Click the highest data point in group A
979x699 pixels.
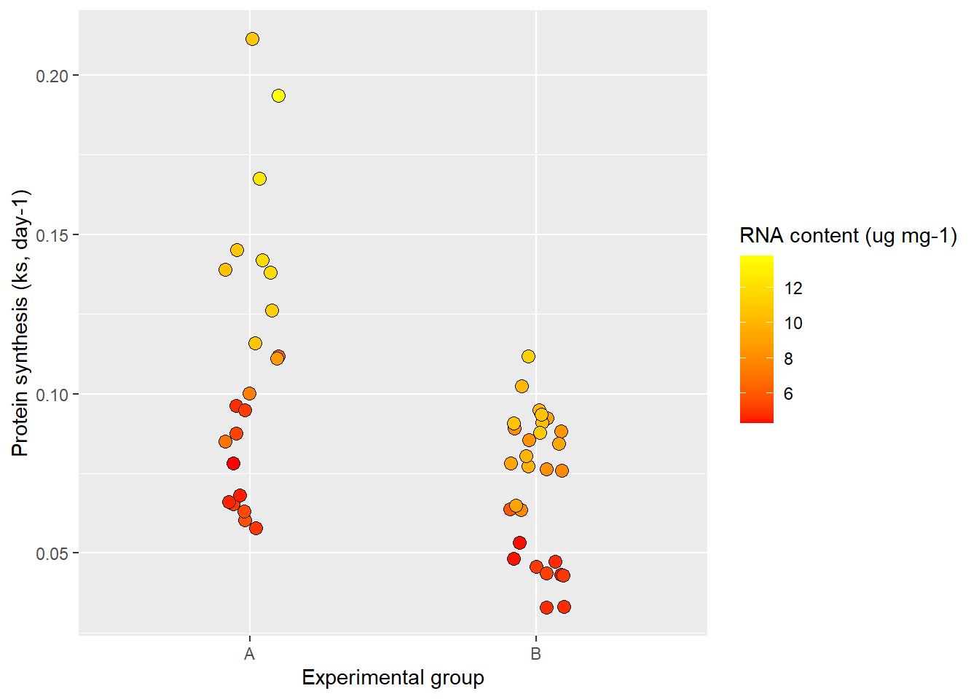[252, 39]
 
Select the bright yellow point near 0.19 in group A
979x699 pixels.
[278, 96]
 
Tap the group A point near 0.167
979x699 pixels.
[259, 179]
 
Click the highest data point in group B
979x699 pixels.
[528, 357]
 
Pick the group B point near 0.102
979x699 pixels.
[522, 387]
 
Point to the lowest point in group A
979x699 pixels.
[256, 529]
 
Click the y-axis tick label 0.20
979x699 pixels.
[52, 76]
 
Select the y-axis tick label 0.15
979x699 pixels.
[52, 235]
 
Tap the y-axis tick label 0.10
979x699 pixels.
[52, 395]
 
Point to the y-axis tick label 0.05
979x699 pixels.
[52, 554]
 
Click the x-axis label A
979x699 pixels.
[249, 654]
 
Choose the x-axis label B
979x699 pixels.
[535, 654]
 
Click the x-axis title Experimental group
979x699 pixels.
[393, 678]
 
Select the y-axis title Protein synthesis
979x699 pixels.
[20, 323]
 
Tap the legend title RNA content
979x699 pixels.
[847, 236]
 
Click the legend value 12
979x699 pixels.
[793, 288]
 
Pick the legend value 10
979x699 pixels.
[793, 323]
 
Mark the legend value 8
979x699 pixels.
[788, 359]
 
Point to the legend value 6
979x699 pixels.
[788, 394]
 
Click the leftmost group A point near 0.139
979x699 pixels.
[225, 270]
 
